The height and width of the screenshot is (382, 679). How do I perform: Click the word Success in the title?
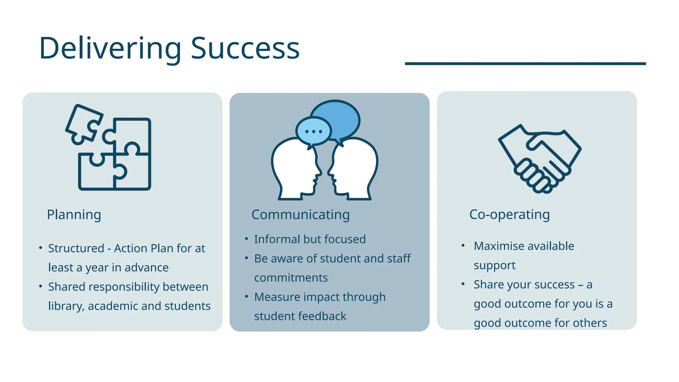[x=245, y=48]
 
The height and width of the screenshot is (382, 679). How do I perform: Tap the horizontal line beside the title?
[x=525, y=63]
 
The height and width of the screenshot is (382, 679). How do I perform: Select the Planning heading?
[x=74, y=215]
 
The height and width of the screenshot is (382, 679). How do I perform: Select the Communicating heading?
[x=300, y=215]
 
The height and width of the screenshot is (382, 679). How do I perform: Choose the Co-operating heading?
[x=509, y=215]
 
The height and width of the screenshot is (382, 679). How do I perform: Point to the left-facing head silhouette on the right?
[x=355, y=169]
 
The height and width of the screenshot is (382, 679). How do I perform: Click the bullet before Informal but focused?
[x=246, y=239]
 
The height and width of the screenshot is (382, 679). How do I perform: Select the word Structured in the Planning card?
[x=76, y=248]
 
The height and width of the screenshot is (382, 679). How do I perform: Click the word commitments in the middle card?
[x=291, y=278]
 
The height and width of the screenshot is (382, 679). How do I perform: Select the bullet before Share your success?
[x=463, y=284]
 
